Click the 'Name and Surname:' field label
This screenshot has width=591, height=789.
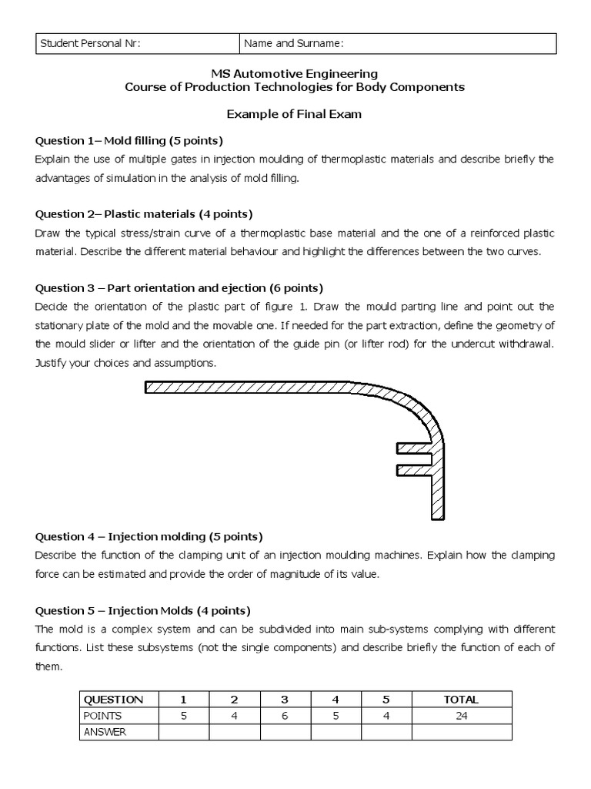point(293,44)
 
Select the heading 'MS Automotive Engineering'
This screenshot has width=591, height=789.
point(295,74)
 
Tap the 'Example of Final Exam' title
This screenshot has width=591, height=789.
point(295,114)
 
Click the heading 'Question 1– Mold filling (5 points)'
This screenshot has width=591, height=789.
point(129,140)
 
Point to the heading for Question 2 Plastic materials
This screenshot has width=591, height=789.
point(144,213)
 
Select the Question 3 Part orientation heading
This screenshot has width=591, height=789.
point(173,287)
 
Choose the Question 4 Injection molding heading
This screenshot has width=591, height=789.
point(149,536)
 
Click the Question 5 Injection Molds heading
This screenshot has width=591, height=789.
point(142,609)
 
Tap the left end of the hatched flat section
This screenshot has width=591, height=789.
point(151,387)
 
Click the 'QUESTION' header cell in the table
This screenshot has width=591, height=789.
point(113,700)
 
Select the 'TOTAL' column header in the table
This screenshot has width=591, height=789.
point(461,700)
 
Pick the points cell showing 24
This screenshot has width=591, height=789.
point(461,716)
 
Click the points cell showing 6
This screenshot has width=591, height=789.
point(285,716)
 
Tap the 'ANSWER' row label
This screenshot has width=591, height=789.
point(105,732)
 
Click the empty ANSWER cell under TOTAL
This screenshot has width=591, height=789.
point(461,732)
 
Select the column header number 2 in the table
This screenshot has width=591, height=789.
point(234,700)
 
